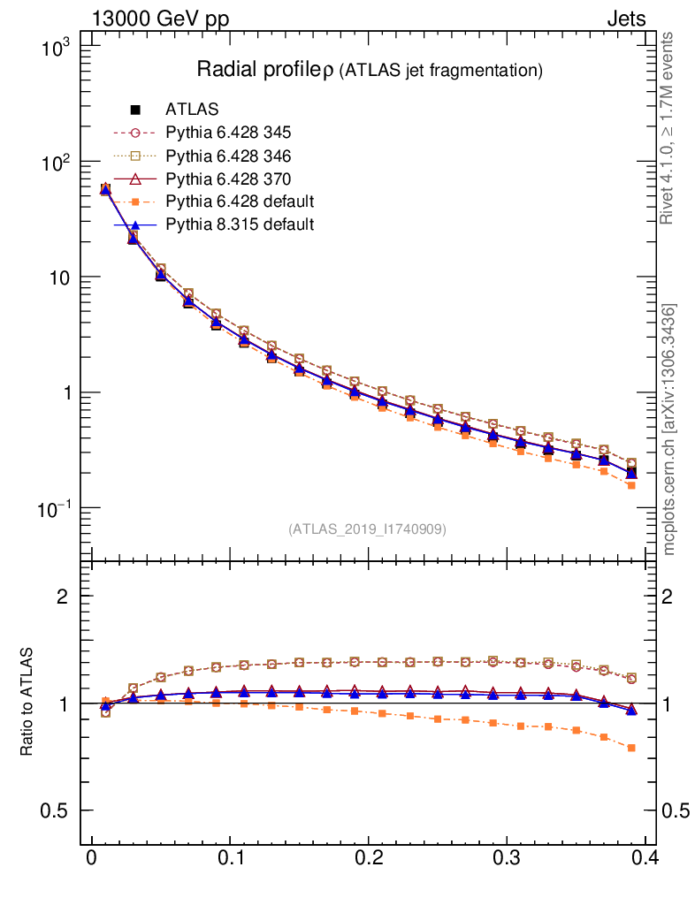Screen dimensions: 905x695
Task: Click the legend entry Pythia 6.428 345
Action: [228, 133]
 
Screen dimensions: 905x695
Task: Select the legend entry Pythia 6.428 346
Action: [228, 156]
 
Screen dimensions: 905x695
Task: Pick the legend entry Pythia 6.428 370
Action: [228, 179]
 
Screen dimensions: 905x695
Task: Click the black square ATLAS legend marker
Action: [135, 110]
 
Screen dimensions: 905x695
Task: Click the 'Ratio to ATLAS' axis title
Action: [28, 702]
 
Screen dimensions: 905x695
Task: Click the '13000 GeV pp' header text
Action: [160, 19]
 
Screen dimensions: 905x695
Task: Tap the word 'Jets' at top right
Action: [626, 19]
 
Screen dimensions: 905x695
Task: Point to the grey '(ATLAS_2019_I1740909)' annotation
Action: [367, 529]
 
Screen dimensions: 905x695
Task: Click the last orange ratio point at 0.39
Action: [631, 748]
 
